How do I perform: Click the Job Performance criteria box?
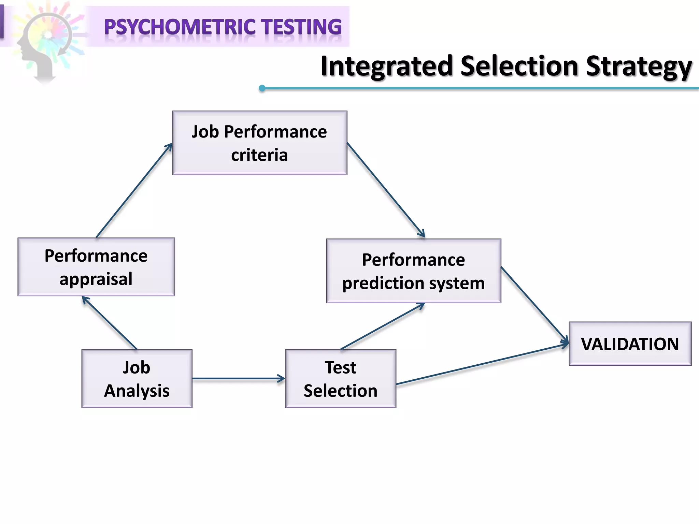[259, 143]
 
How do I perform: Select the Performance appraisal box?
[96, 267]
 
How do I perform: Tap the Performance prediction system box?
[413, 271]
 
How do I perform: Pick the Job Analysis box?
[137, 378]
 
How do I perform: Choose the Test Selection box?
[340, 378]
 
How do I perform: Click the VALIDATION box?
[630, 344]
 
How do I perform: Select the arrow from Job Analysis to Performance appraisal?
[109, 323]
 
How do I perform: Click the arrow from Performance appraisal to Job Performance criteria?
[134, 190]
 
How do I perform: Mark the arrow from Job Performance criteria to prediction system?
[386, 190]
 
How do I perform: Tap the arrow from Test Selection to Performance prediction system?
[382, 326]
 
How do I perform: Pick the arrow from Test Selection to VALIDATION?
[481, 364]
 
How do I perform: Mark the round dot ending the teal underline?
[262, 88]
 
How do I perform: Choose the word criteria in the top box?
[259, 155]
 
